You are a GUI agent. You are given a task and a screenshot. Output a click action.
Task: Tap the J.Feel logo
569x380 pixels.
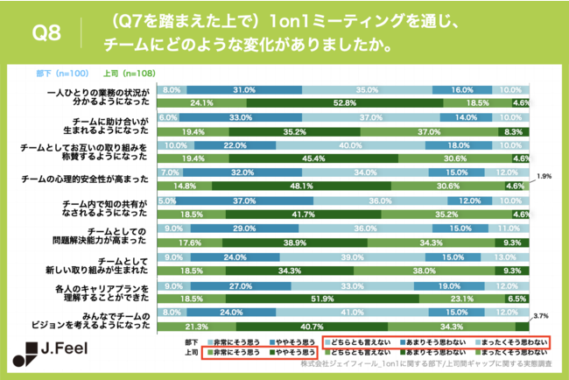(60, 358)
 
